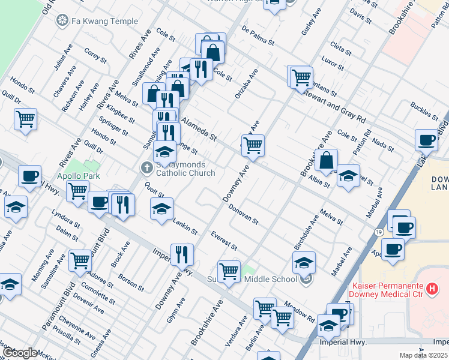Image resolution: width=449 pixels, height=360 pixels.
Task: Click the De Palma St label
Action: tap(258, 36)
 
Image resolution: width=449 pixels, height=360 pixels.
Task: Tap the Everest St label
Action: tap(224, 240)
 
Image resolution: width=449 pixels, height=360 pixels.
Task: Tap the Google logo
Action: tap(20, 352)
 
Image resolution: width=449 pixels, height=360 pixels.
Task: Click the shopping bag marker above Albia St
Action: tap(327, 161)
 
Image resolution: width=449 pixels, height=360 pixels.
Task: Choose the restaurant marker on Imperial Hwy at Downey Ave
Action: tap(182, 254)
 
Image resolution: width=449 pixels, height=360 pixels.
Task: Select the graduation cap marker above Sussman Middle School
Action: tap(304, 262)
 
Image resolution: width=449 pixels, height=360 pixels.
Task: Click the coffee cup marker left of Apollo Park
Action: tap(29, 177)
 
